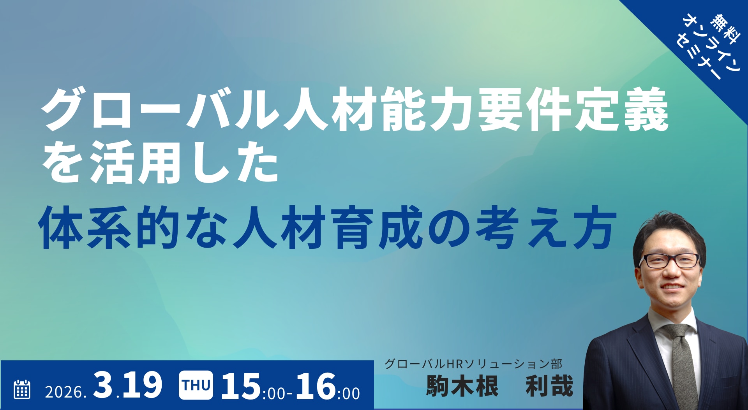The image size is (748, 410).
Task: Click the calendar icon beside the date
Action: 22,389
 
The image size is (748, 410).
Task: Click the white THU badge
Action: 196,385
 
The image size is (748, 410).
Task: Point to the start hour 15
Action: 241,386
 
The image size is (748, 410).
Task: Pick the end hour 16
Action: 316,386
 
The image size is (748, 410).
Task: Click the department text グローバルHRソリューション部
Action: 473,364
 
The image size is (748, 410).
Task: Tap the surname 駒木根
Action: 462,386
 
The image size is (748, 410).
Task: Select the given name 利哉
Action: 549,386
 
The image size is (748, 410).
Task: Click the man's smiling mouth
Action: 672,287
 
